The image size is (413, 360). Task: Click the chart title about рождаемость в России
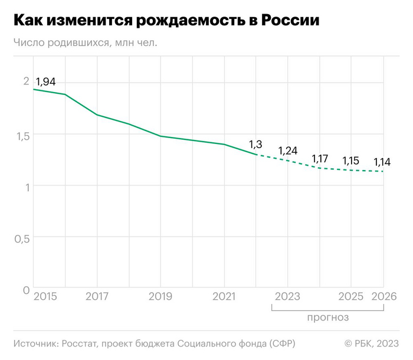point(166,21)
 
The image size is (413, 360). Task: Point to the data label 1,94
point(45,82)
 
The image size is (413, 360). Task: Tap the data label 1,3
point(255,143)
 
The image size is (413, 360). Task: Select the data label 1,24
point(288,150)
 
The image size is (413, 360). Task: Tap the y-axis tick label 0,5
point(21,238)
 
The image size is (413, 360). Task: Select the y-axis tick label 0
point(25,290)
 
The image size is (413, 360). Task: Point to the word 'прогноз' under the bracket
point(327,317)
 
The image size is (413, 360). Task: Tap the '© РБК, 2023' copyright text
point(371,343)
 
